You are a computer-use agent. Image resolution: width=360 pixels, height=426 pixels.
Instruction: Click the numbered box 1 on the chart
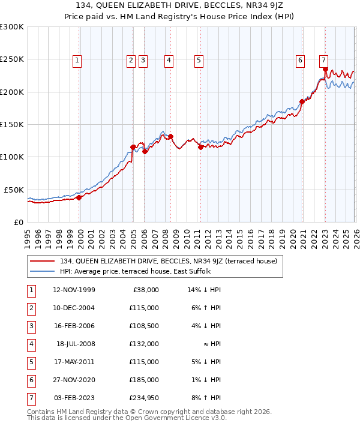click(x=79, y=60)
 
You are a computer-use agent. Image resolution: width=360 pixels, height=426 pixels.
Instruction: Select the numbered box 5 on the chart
click(x=199, y=60)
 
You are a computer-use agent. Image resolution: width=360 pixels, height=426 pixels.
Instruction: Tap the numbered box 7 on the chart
click(x=323, y=60)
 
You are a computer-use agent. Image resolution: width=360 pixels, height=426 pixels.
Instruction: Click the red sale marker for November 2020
click(x=302, y=101)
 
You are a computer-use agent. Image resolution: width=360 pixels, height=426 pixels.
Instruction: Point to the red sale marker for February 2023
click(x=325, y=69)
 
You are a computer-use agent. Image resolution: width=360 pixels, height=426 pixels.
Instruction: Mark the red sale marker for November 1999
click(x=79, y=197)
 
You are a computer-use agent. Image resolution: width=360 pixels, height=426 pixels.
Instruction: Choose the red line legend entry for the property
click(x=168, y=261)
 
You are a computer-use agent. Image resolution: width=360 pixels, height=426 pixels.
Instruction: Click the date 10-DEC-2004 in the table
click(x=74, y=308)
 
